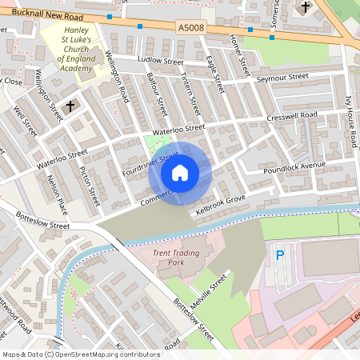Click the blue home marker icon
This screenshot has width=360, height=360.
point(180,173)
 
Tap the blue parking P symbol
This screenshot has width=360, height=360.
point(279,256)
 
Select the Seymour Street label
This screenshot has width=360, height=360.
point(282,78)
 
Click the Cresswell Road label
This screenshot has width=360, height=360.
point(292,116)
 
